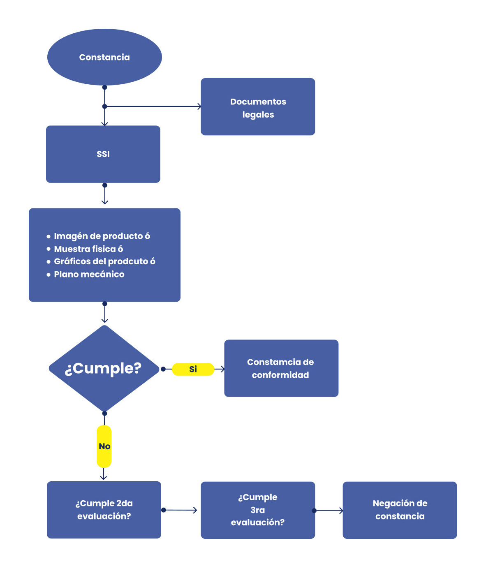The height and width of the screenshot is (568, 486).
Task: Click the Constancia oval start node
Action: click(x=104, y=57)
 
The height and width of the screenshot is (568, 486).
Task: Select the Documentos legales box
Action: click(x=258, y=107)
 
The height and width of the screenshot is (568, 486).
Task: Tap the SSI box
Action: click(x=103, y=154)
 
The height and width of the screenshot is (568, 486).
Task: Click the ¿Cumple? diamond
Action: click(x=104, y=368)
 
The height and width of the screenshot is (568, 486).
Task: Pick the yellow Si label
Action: click(x=193, y=369)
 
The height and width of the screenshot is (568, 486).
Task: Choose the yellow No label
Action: click(x=104, y=446)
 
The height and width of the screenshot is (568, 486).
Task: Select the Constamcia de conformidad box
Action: click(x=281, y=368)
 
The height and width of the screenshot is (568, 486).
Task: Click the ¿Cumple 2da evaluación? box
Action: click(x=104, y=510)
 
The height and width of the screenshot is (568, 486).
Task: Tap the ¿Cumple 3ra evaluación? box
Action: click(x=258, y=510)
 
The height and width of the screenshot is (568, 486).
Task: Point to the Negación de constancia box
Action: click(x=400, y=510)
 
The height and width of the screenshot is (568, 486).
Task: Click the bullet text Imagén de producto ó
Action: click(x=102, y=236)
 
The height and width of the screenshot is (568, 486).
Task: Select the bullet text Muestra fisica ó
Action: click(x=88, y=249)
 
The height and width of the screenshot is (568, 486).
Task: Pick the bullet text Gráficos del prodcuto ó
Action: click(x=104, y=261)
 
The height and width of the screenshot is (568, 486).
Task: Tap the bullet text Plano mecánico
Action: click(x=89, y=274)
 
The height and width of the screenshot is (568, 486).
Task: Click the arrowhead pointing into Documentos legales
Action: click(x=199, y=106)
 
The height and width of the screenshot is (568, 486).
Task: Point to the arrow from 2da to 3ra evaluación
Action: click(x=180, y=510)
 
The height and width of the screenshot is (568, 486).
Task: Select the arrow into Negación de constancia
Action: click(x=329, y=510)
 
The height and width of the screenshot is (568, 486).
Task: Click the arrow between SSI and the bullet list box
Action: click(x=104, y=194)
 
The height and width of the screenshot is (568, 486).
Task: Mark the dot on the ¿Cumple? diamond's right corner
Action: click(x=163, y=369)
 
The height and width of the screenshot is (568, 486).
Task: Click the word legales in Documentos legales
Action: click(x=258, y=115)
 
